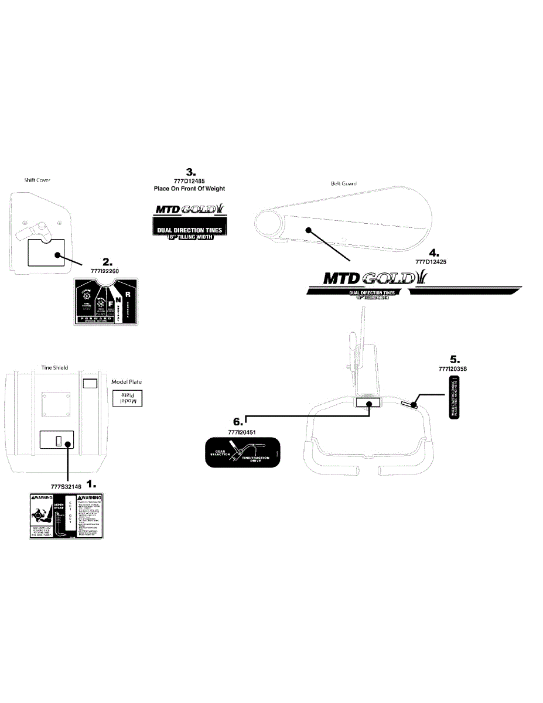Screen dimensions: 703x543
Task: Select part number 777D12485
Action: tap(189, 181)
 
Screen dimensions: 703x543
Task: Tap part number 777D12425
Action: tap(431, 262)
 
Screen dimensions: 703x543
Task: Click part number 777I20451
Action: tap(244, 432)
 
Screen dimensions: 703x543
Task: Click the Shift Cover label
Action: tap(37, 180)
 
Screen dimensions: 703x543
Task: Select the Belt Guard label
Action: tap(344, 183)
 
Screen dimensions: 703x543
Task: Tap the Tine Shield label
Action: tap(54, 367)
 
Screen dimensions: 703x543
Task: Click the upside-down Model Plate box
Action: tap(128, 399)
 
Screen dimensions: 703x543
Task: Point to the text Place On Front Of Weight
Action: tap(189, 189)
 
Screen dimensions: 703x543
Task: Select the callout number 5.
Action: tap(455, 359)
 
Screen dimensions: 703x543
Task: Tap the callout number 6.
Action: tap(237, 421)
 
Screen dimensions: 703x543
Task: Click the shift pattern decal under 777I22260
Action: tap(106, 301)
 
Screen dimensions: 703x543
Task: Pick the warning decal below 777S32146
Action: tap(66, 516)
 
